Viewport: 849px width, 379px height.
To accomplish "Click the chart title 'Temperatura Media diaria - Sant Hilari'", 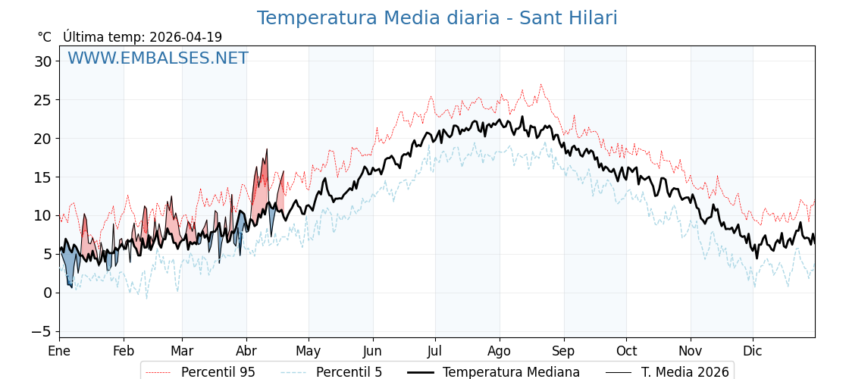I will point(437,18).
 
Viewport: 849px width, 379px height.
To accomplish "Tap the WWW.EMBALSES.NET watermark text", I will point(158,58).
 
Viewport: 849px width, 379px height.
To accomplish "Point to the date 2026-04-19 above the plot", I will point(186,37).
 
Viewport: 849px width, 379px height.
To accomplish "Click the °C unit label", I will point(44,37).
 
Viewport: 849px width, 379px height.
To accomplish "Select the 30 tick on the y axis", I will point(42,61).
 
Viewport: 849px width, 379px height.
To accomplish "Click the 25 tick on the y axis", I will point(42,100).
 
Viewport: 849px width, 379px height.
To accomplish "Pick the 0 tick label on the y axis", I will point(47,293).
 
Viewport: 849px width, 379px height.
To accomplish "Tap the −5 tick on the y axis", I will point(41,331).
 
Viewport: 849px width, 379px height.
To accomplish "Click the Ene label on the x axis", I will point(59,351).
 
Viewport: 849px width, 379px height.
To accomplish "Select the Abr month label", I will point(246,351).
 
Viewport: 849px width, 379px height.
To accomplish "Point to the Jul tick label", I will point(435,351).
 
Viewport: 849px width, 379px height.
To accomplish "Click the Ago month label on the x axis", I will point(500,351).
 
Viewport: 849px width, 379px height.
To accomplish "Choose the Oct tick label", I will point(626,351).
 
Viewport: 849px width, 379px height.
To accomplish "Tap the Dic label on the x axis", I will point(753,351).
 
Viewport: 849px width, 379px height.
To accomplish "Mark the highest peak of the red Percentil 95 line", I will point(540,84).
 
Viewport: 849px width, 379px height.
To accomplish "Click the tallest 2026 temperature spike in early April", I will point(267,149).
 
